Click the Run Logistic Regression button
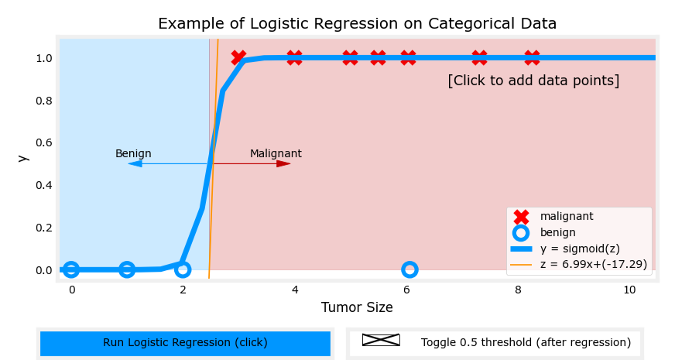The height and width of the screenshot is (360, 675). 185,343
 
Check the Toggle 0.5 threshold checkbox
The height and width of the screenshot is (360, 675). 381,340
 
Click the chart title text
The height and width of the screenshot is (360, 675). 357,24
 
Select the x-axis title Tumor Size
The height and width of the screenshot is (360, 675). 357,307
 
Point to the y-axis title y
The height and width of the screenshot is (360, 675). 23,158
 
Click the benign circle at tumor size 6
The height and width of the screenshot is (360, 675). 409,269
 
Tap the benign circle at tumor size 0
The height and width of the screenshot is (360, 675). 71,269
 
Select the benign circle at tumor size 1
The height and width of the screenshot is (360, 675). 127,269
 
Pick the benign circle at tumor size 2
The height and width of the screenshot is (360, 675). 183,269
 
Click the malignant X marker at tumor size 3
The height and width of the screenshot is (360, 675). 238,58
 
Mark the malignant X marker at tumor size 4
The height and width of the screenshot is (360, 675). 294,58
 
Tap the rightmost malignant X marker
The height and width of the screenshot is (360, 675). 532,58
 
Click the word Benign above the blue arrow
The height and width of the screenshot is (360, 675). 133,154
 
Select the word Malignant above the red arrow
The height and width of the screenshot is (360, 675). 276,154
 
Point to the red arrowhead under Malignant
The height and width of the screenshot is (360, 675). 283,163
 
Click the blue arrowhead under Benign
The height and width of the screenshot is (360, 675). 135,163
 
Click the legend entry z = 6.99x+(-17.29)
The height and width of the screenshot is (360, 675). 594,265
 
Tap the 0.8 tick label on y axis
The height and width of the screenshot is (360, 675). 43,101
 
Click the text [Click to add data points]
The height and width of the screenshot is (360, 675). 533,81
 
